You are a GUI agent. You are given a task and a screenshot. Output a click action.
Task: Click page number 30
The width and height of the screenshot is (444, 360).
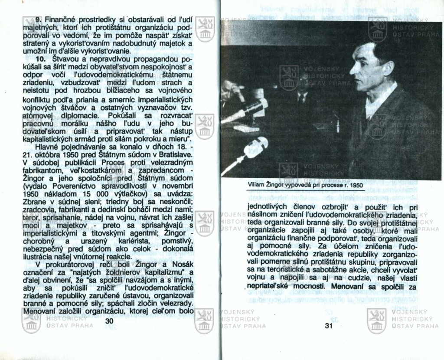tap(109, 321)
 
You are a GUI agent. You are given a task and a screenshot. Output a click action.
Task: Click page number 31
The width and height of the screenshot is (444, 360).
tap(328, 327)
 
